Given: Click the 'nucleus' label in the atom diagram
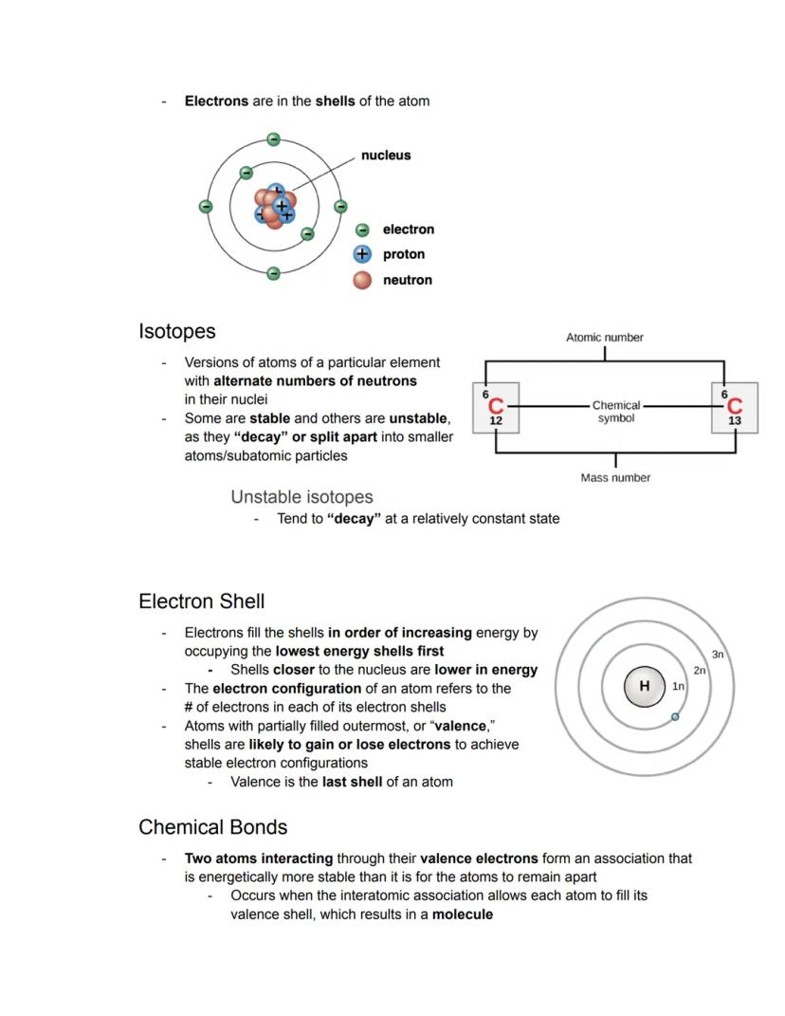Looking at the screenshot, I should click(386, 156).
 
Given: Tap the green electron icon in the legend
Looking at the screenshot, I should click(361, 230).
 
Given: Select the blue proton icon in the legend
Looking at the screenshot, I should click(361, 254).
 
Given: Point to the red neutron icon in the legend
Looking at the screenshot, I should click(361, 280).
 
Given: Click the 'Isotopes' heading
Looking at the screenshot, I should click(177, 332).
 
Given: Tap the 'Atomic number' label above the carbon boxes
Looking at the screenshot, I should click(604, 337).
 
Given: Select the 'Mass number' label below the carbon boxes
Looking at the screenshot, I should click(615, 478).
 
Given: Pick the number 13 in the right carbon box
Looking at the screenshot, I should click(735, 420).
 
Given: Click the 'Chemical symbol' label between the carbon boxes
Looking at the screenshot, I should click(615, 412).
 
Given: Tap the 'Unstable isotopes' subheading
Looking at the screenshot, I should click(301, 497).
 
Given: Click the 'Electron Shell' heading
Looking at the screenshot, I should click(201, 601).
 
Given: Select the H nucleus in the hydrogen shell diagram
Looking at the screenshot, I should click(645, 686).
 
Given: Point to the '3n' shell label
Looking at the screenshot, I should click(718, 655).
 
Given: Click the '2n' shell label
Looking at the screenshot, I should click(700, 670).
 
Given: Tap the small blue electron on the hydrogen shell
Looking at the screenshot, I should click(675, 717).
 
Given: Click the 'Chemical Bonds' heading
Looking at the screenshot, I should click(212, 827).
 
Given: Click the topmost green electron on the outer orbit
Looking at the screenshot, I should click(273, 139).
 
